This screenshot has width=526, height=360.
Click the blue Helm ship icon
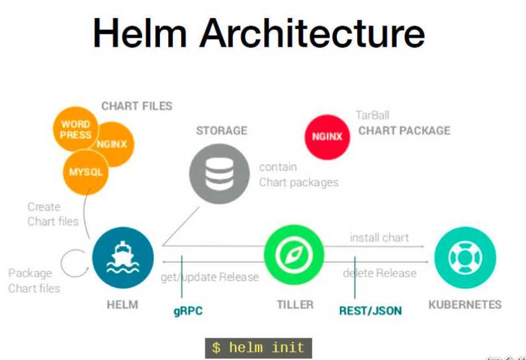[122, 258]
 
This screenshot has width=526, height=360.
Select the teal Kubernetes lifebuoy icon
[465, 257]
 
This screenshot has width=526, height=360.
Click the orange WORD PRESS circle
[76, 129]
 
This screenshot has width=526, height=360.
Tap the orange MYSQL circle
[85, 171]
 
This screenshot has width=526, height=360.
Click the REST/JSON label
[371, 311]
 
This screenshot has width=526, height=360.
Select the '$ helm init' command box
[259, 348]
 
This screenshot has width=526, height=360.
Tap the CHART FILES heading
[136, 106]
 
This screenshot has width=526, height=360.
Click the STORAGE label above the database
[221, 131]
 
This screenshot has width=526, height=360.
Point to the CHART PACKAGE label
[404, 131]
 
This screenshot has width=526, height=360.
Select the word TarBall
[372, 116]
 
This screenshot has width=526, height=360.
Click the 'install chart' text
[379, 238]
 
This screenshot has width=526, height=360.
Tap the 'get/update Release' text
[209, 277]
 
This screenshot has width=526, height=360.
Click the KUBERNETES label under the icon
[465, 304]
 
